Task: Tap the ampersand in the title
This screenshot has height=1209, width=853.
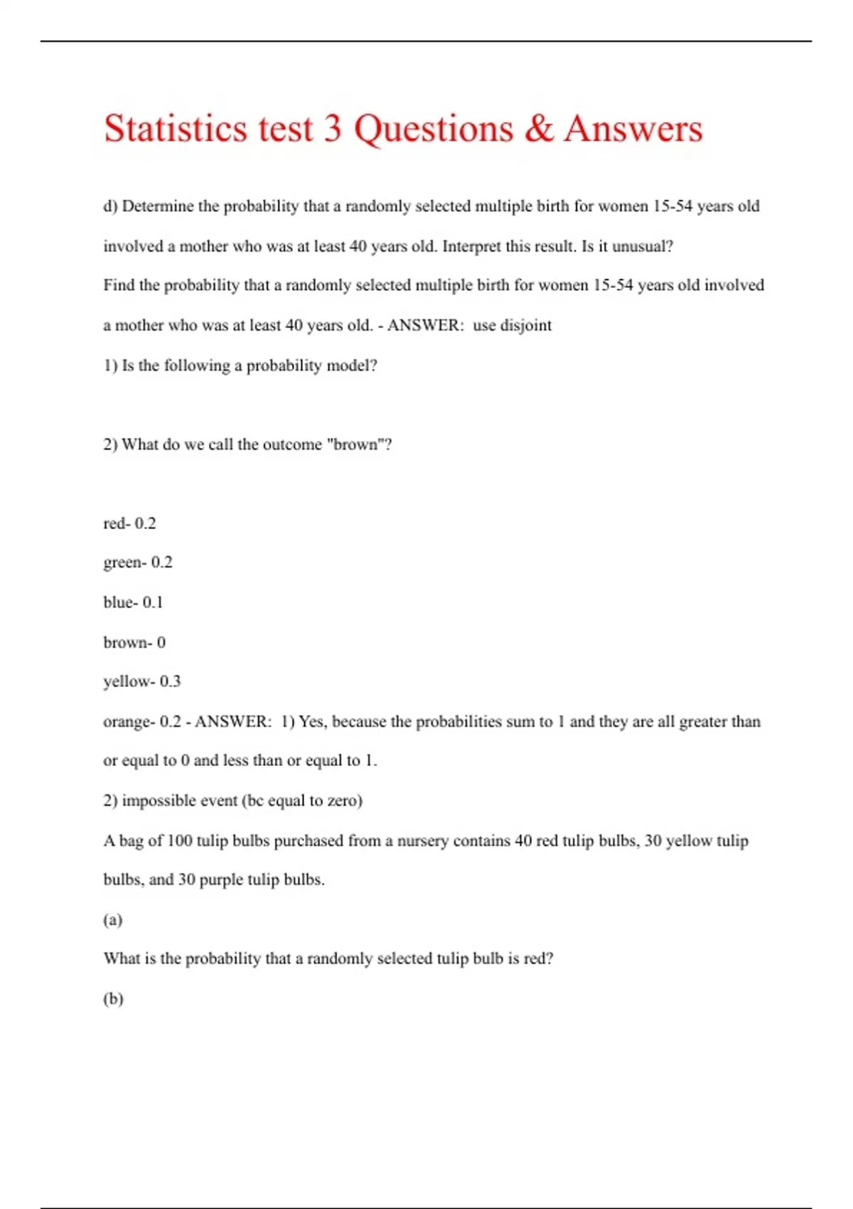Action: [x=539, y=129]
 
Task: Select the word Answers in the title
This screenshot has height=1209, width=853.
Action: [x=633, y=129]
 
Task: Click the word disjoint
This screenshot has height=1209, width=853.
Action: [x=526, y=326]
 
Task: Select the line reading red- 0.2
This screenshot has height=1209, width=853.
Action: [x=129, y=523]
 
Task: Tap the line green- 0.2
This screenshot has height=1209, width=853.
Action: [x=138, y=563]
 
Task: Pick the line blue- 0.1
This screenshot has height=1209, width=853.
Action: [x=133, y=602]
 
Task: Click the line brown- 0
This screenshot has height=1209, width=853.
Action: [x=134, y=642]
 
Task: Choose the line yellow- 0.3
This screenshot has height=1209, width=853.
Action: [x=142, y=681]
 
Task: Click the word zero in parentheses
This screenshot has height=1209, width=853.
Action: [x=344, y=801]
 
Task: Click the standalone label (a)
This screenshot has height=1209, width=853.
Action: [x=113, y=920]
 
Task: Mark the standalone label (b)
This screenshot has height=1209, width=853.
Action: [x=113, y=998]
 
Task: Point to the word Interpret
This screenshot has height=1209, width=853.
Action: [x=471, y=247]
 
